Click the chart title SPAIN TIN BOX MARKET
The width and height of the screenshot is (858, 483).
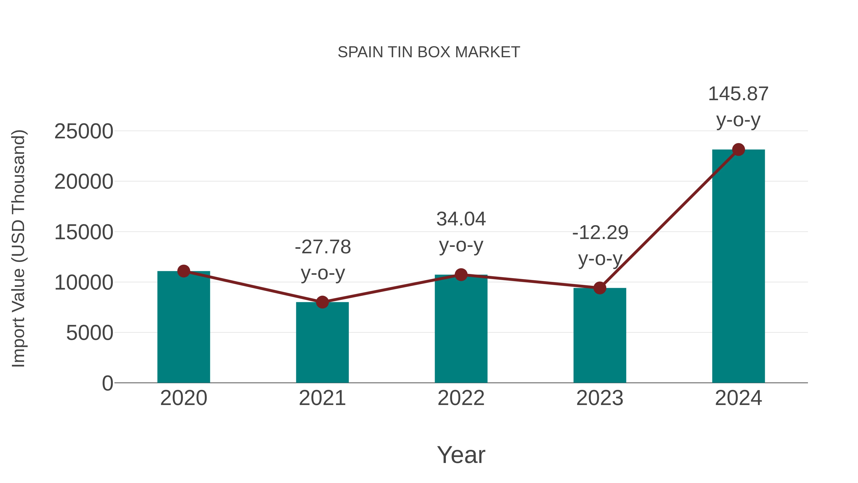pos(429,52)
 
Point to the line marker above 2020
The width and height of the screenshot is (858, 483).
pos(184,271)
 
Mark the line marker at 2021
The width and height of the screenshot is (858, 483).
pos(322,302)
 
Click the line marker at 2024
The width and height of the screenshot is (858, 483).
pos(738,150)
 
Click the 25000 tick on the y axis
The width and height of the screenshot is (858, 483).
pos(84,131)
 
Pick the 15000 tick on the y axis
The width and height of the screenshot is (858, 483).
pos(84,232)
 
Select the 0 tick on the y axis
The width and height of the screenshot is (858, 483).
pos(107,383)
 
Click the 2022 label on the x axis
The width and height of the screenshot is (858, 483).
pos(461,398)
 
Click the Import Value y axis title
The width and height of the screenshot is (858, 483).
pos(19,248)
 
